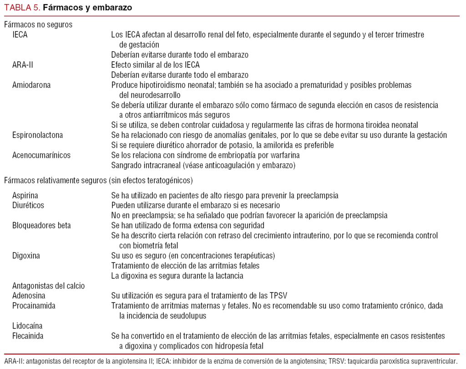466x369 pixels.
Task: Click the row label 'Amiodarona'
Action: pos(31,85)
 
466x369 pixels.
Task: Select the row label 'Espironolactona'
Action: pos(37,135)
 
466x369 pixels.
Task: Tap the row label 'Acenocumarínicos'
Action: pos(41,155)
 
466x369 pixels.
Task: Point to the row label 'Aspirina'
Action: pos(25,195)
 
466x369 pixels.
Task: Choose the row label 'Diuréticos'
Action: pos(28,205)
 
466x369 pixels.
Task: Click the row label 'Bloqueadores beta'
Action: pos(41,225)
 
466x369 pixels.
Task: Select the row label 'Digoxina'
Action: pos(26,256)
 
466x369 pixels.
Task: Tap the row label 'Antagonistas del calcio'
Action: pos(49,286)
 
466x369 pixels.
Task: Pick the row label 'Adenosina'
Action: pos(29,296)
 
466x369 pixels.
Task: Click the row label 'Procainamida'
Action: pos(33,306)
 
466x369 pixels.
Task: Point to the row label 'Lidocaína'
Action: pos(27,326)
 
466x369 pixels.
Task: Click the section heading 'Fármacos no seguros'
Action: pos(38,25)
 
